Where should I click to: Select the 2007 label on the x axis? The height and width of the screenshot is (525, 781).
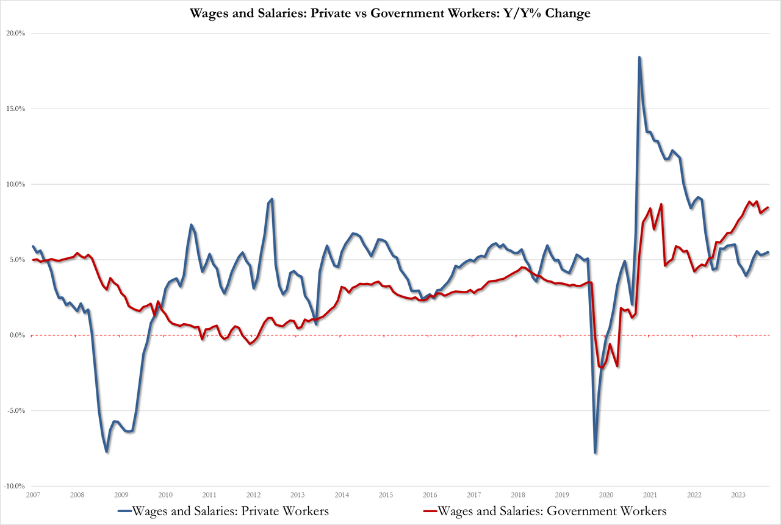pyautogui.click(x=33, y=495)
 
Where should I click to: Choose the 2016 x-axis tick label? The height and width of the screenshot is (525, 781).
pyautogui.click(x=430, y=495)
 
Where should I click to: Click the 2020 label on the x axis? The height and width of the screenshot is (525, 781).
pyautogui.click(x=606, y=495)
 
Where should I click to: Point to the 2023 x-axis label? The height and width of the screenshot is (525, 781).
pyautogui.click(x=738, y=495)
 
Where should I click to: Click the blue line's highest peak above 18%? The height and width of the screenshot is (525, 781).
pyautogui.click(x=639, y=57)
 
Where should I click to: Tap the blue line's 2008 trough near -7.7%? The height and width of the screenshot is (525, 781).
pyautogui.click(x=107, y=452)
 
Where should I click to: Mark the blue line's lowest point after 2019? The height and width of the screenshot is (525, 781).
pyautogui.click(x=595, y=452)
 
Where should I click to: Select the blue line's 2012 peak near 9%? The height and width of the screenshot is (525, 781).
pyautogui.click(x=272, y=199)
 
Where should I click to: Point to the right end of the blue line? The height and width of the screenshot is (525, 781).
pyautogui.click(x=768, y=252)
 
